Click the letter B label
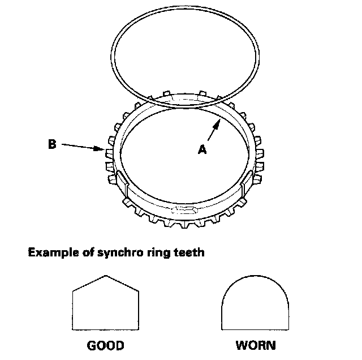51,144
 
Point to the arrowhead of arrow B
102,149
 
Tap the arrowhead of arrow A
219,122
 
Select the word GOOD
105,344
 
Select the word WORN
256,344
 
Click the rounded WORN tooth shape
256,306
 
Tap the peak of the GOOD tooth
106,277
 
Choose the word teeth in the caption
187,253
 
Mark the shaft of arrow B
79,147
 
